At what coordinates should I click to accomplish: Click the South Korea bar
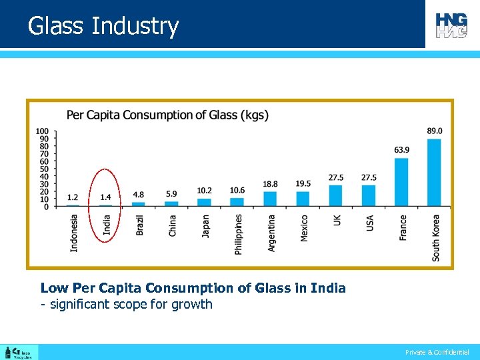click(x=434, y=173)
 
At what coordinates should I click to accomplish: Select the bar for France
click(x=401, y=182)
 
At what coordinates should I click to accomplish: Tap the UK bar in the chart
click(x=335, y=196)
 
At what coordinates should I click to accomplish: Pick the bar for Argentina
click(x=270, y=199)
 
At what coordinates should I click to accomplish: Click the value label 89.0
click(x=434, y=131)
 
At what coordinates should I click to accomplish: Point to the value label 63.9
click(x=401, y=150)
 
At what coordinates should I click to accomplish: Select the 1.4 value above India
click(x=105, y=197)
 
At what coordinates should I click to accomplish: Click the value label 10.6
click(x=237, y=190)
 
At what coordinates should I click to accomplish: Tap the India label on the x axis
click(x=107, y=225)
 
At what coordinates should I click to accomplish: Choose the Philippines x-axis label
click(x=238, y=234)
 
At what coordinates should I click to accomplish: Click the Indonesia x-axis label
click(x=74, y=232)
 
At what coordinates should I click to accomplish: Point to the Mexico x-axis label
click(x=303, y=228)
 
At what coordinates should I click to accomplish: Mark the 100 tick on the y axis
click(x=42, y=131)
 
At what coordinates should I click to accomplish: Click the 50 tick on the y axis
click(x=44, y=169)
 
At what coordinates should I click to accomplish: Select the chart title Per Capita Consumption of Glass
click(x=167, y=115)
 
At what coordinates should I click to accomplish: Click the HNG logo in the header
click(x=451, y=25)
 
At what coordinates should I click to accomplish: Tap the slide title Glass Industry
click(x=103, y=26)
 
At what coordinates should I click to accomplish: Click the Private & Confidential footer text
click(x=437, y=352)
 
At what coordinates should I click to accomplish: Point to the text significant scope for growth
click(x=127, y=305)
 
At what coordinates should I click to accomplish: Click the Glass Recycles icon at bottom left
click(x=19, y=352)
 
